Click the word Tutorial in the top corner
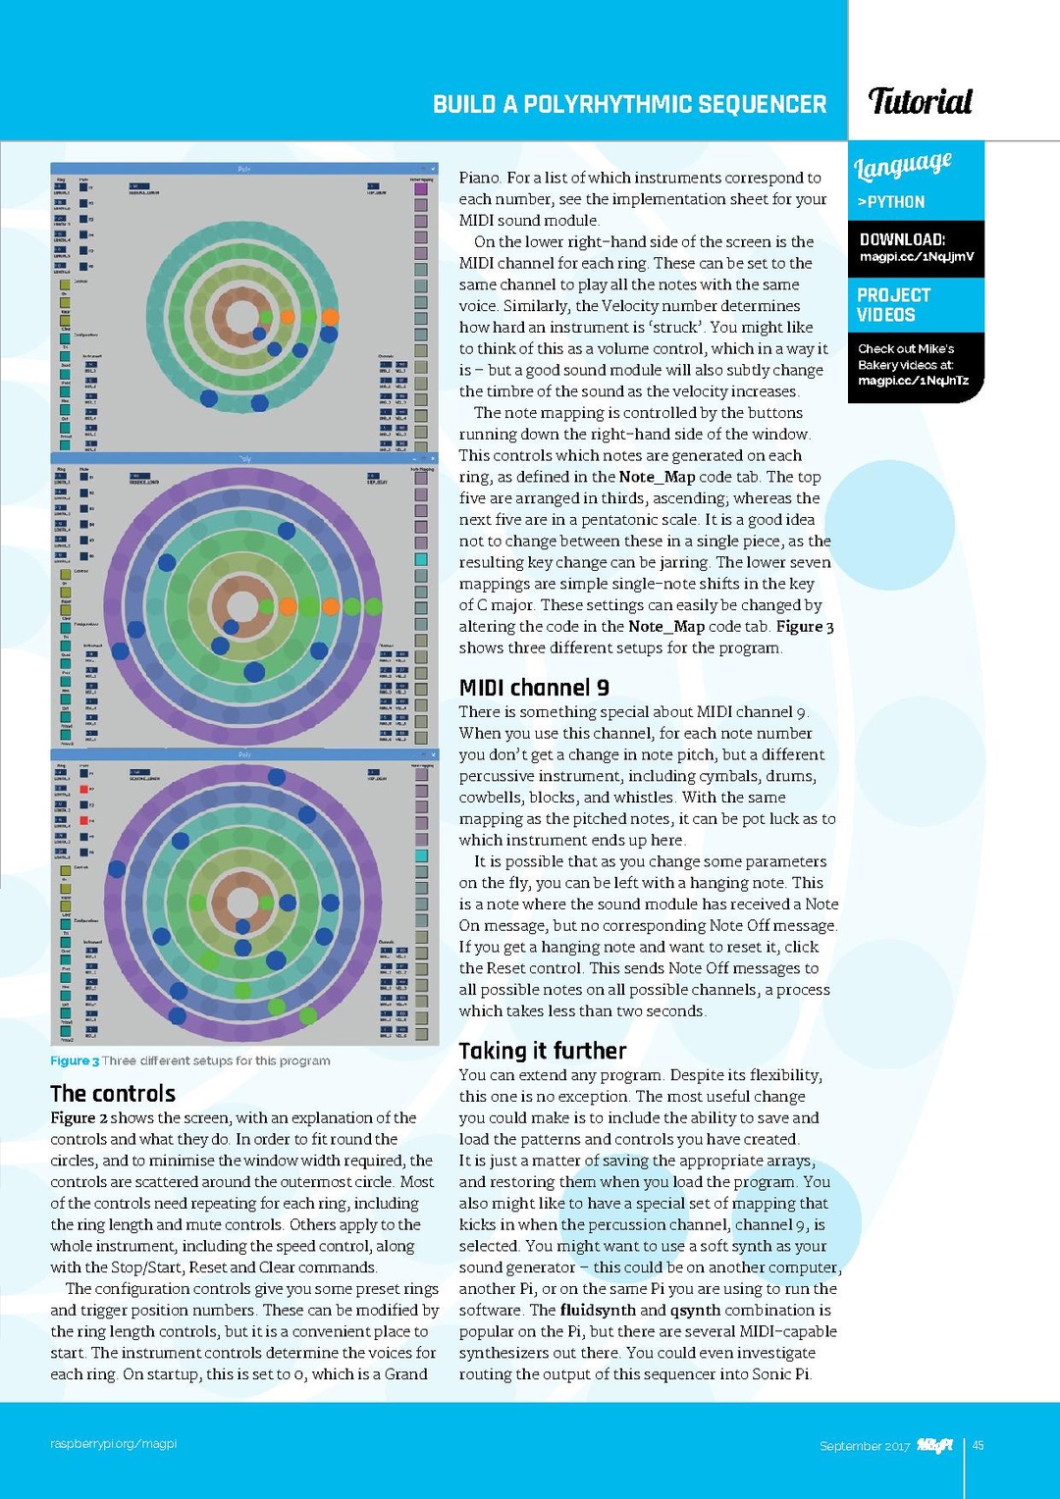[920, 101]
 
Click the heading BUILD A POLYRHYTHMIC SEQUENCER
[629, 105]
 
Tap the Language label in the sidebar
[902, 166]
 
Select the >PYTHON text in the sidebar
[890, 202]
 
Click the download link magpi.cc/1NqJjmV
[916, 257]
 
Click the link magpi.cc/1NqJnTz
[913, 381]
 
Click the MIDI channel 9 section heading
[534, 688]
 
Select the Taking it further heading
[542, 1051]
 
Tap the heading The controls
[113, 1094]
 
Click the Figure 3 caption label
[75, 1060]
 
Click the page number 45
[978, 1445]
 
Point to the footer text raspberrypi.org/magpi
[114, 1444]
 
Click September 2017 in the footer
[865, 1446]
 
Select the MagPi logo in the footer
[935, 1445]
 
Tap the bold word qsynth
[695, 1311]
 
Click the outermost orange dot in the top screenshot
[330, 317]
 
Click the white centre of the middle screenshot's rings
[241, 605]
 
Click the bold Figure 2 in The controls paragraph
[79, 1118]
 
